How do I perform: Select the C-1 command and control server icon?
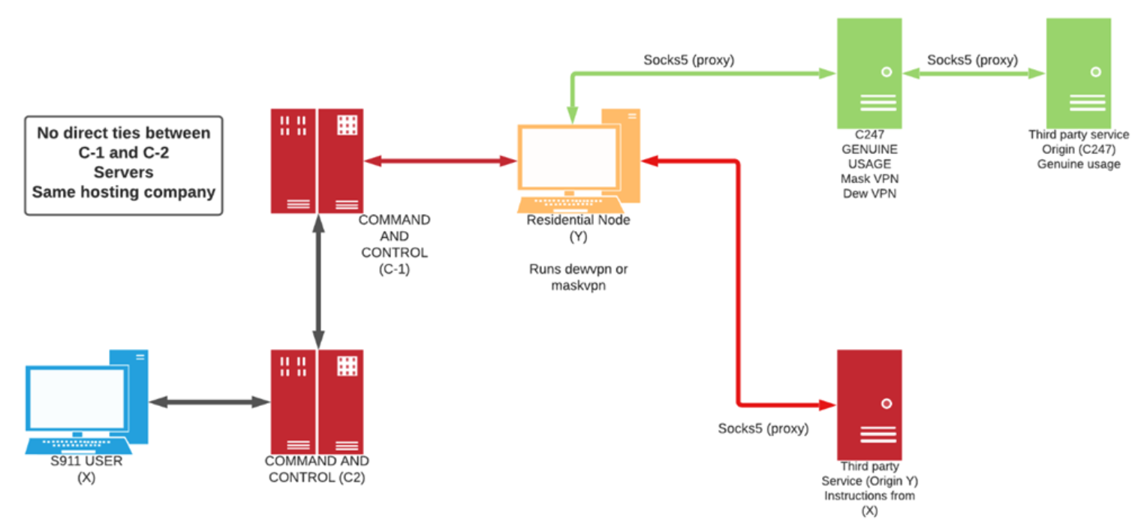pyautogui.click(x=317, y=161)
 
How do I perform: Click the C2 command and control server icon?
pyautogui.click(x=317, y=401)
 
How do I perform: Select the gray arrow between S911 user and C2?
pyautogui.click(x=209, y=402)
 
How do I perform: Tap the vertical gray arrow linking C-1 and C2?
pyautogui.click(x=318, y=281)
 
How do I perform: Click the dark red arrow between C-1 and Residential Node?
pyautogui.click(x=440, y=160)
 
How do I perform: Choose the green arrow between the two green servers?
pyautogui.click(x=974, y=74)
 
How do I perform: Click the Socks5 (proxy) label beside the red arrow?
pyautogui.click(x=763, y=429)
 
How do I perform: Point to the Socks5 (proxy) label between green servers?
pyautogui.click(x=972, y=60)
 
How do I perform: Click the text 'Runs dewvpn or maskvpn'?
pyautogui.click(x=577, y=277)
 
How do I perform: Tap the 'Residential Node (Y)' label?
pyautogui.click(x=578, y=228)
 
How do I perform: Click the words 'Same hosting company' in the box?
pyautogui.click(x=124, y=191)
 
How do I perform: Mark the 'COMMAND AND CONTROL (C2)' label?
pyautogui.click(x=317, y=469)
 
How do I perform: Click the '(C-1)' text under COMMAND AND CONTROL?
pyautogui.click(x=394, y=269)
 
